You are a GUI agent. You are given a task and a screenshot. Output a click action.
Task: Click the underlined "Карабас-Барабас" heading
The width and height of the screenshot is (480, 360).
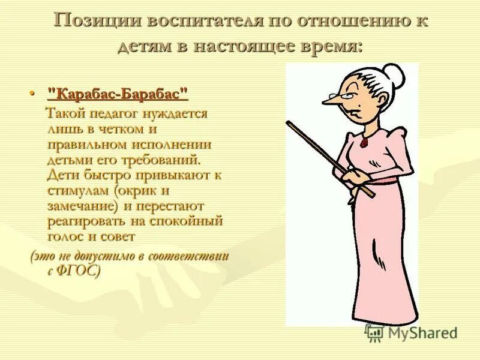point(118,94)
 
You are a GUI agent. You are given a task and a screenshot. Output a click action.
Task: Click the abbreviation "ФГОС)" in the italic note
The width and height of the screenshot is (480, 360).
point(79,270)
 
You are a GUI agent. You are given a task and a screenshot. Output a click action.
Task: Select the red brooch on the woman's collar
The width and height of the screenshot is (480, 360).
point(364,143)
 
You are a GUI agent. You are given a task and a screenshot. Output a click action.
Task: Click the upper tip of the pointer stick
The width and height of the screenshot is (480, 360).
point(289,124)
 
